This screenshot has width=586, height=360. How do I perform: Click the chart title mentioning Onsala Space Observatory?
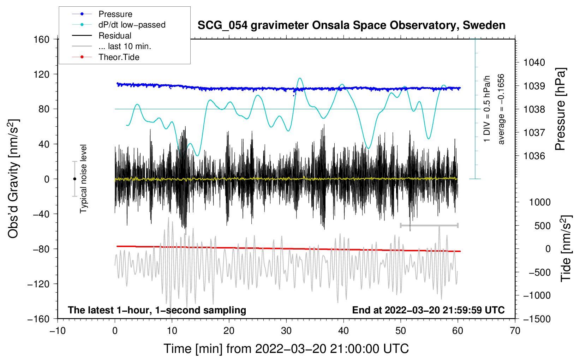pos(351,25)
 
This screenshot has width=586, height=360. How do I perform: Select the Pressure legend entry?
pos(115,14)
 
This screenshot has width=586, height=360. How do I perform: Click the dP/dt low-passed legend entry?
pos(132,25)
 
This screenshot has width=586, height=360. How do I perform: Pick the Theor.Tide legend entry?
pos(119,57)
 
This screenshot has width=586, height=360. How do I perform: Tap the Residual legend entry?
pos(115,36)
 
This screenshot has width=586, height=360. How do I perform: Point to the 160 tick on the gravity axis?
pos(42,39)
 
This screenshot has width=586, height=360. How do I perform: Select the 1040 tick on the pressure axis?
pos(534,62)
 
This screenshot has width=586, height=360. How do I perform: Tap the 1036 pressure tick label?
pos(534,156)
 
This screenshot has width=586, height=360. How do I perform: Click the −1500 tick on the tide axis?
pos(537,319)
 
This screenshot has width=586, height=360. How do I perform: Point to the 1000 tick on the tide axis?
pos(539,202)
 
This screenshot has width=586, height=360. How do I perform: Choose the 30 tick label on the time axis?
pos(286,331)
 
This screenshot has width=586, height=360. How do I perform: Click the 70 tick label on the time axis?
pos(515,331)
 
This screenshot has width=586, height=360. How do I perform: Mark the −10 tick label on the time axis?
pos(58,331)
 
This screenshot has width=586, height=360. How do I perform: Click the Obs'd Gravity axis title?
pos(13,179)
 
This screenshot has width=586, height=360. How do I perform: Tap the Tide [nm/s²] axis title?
pos(566,248)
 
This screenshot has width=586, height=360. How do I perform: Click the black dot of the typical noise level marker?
pos(74,179)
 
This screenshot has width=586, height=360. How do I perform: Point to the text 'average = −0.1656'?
pos(501,109)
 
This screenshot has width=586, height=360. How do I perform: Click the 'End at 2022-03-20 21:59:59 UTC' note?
pos(428,310)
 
